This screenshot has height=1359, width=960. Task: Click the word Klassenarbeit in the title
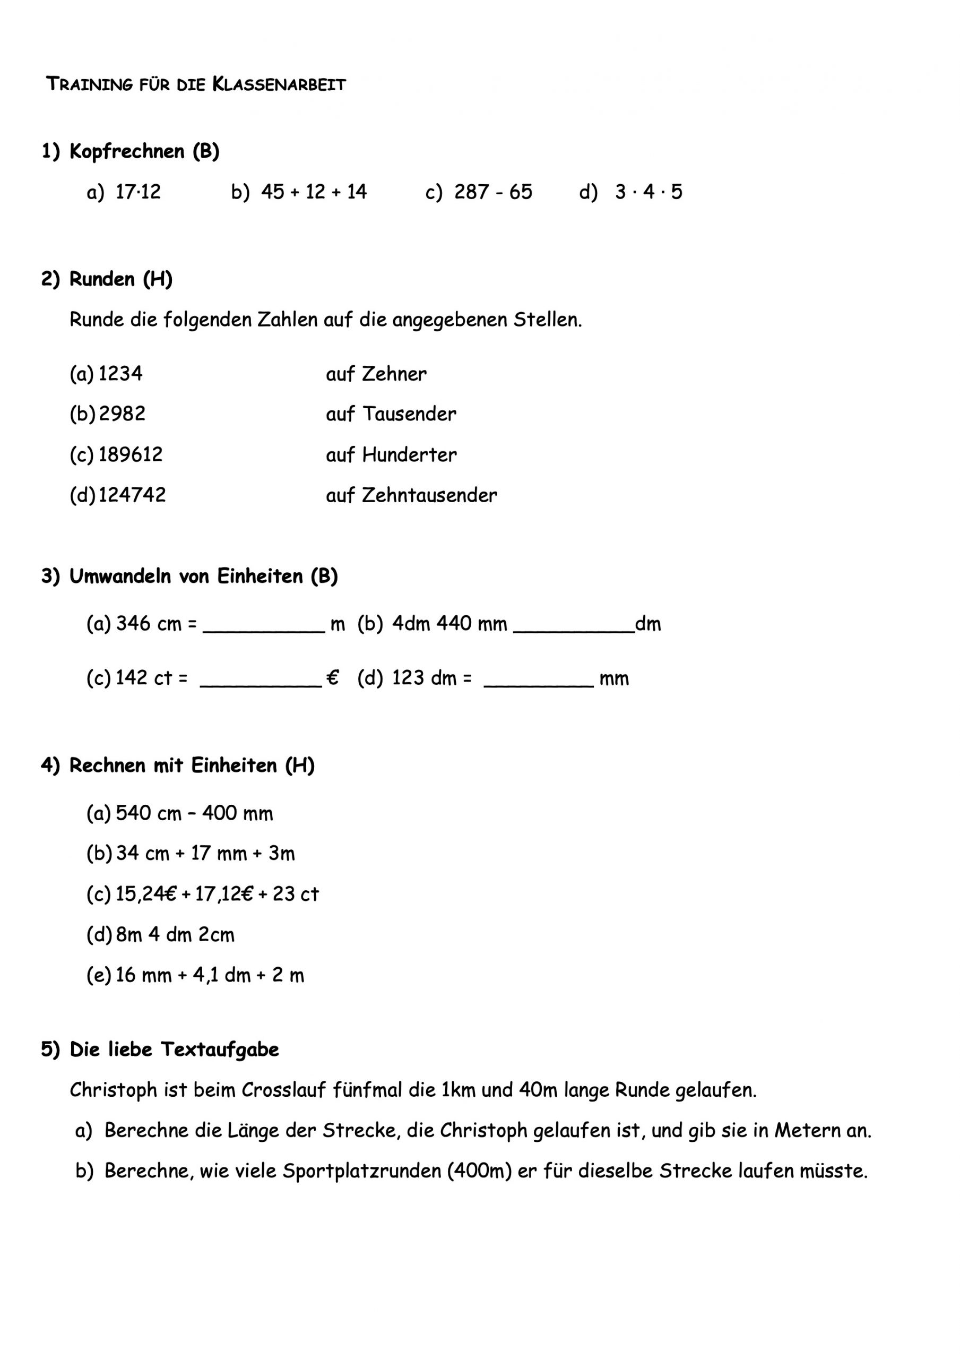point(279,84)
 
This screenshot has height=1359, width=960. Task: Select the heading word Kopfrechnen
point(127,151)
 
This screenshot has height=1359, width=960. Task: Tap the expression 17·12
point(138,192)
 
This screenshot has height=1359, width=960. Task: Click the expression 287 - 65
point(493,192)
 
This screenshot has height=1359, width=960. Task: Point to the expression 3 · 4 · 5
point(648,192)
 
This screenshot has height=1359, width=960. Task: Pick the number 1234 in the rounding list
point(120,374)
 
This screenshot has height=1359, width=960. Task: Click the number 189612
point(130,454)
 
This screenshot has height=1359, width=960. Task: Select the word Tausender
point(409,414)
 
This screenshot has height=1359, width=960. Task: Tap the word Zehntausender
point(429,495)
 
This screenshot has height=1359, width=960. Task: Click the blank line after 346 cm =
point(263,630)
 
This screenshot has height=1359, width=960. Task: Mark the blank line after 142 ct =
point(261,684)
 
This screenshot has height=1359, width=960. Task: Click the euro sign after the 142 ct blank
point(333,678)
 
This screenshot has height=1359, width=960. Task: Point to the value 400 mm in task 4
point(237,813)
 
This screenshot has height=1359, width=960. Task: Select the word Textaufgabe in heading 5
point(220,1050)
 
